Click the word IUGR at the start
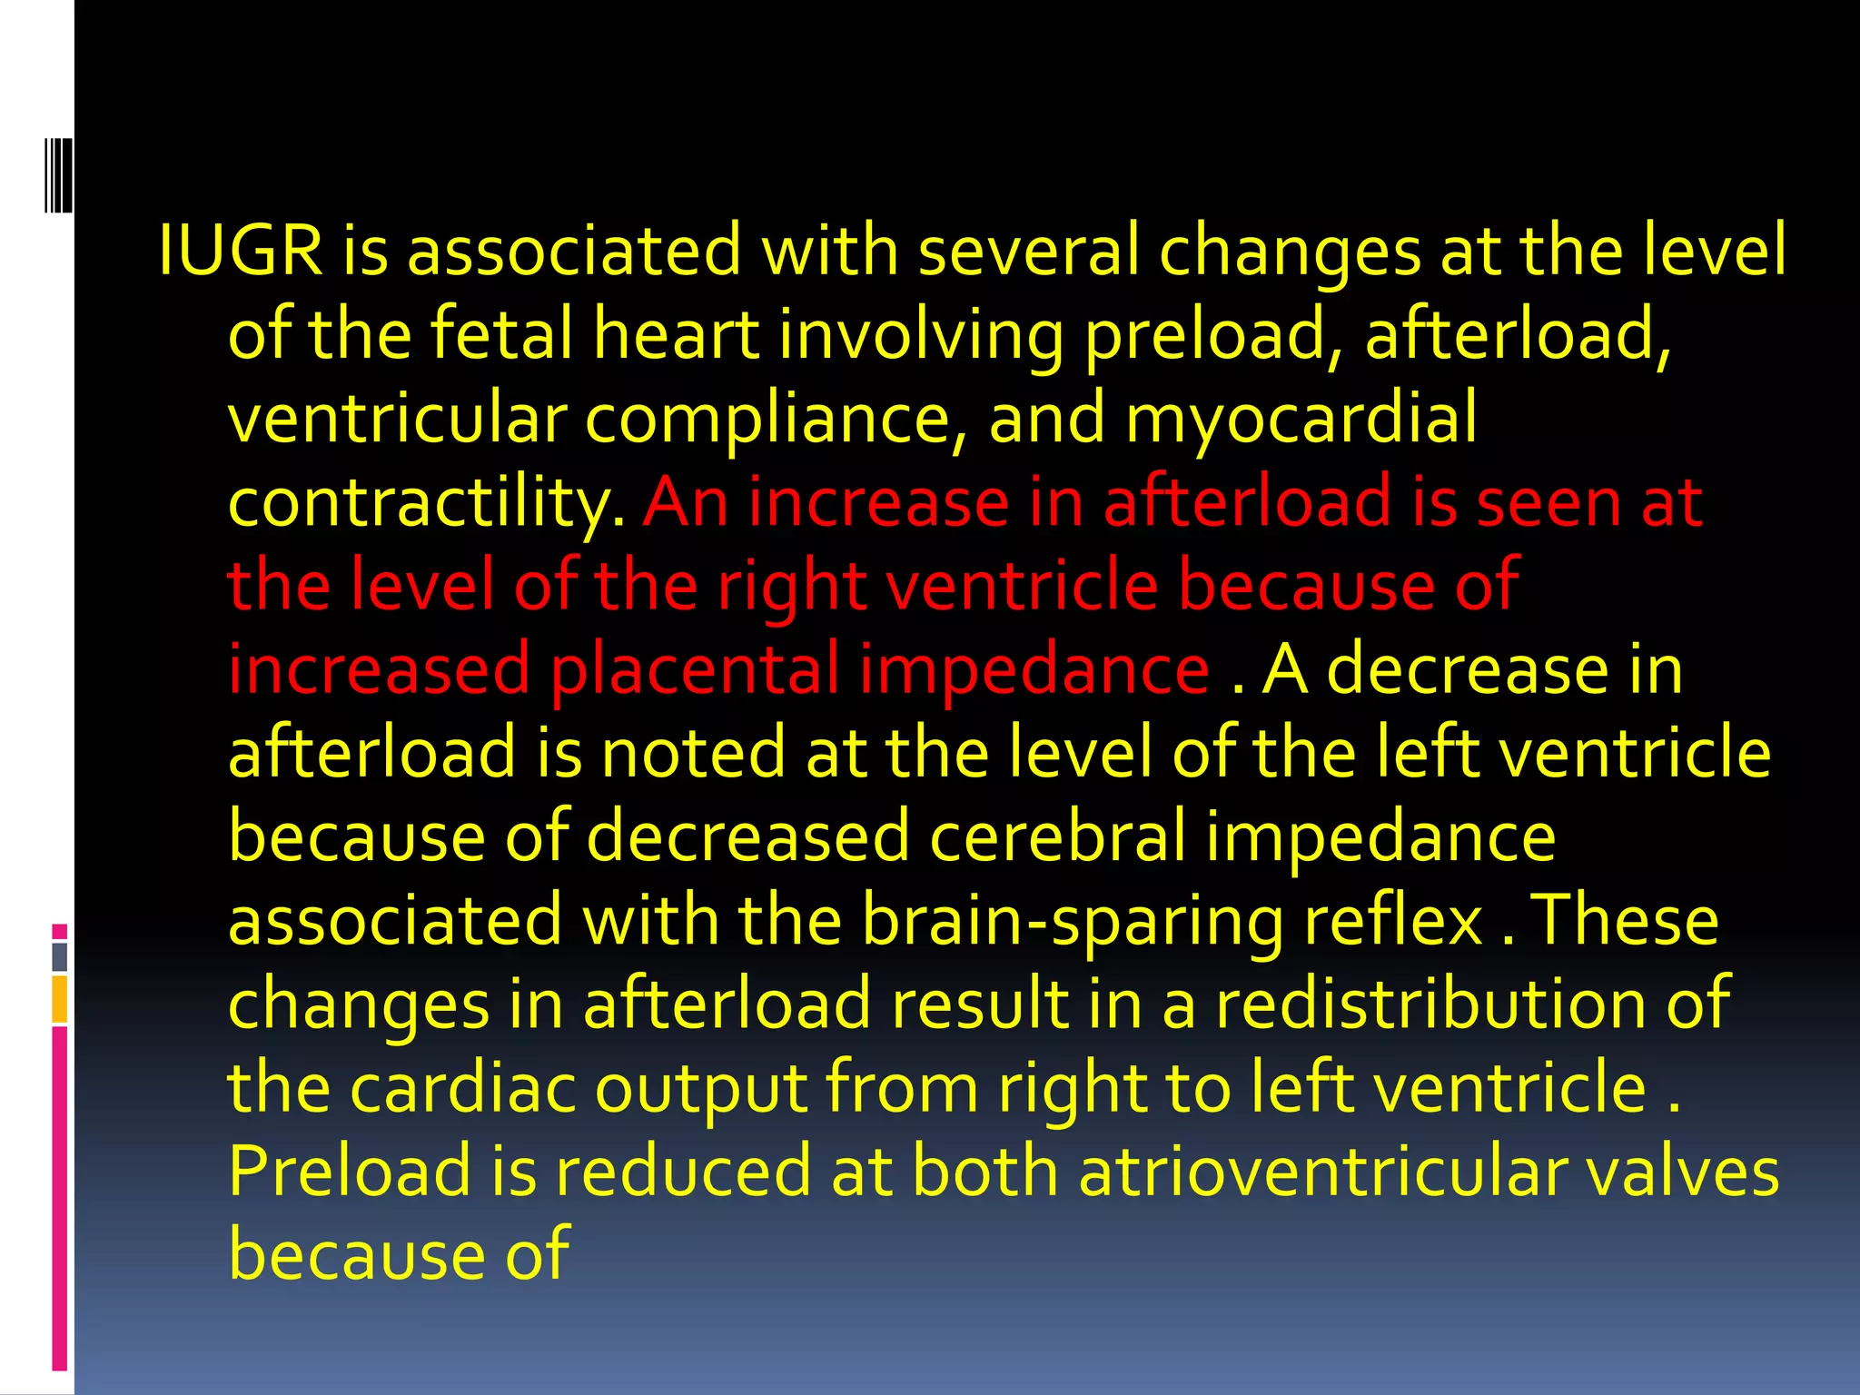click(241, 251)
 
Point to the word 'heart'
click(676, 334)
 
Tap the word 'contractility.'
click(426, 503)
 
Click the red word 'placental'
click(696, 670)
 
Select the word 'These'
click(1625, 920)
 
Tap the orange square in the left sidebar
click(59, 999)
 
